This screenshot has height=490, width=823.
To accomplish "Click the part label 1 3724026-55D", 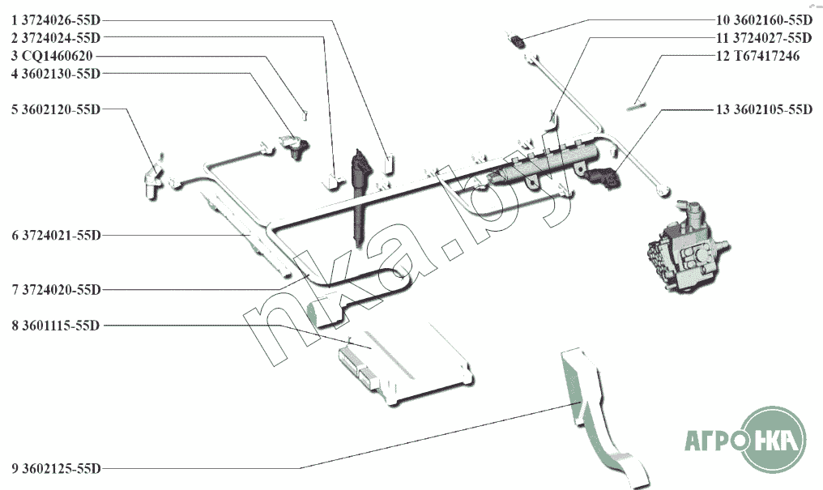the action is point(56,20).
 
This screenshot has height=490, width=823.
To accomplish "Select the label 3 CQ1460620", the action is point(52,56).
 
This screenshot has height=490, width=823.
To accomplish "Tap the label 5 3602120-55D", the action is point(56,109).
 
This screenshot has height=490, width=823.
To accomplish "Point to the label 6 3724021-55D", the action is point(56,236).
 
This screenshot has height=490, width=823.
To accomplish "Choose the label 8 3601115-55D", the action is point(56,326).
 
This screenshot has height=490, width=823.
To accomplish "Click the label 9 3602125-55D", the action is point(56,468).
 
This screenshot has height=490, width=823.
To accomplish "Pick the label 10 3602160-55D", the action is point(764,20).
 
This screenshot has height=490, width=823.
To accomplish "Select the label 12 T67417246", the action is point(758,56).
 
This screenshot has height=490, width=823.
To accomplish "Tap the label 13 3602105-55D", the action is point(764,109).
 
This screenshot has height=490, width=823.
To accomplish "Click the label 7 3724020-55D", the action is point(56,290).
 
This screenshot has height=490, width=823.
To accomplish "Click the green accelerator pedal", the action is point(603,415).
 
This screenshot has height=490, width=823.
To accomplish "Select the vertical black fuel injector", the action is point(360,197).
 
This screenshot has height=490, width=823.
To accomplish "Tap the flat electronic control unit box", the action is point(404,362).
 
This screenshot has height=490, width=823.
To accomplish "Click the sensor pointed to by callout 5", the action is point(151,180).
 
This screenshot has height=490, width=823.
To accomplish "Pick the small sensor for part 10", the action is point(517,40).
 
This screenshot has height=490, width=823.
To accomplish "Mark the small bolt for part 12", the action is point(636,106).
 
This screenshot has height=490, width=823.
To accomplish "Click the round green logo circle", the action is point(774,440).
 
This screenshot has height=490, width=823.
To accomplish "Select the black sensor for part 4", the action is point(295,145).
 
